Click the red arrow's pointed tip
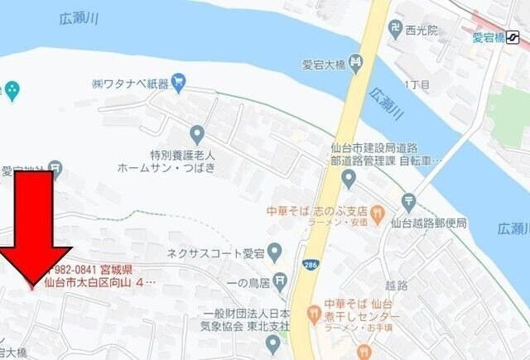[x=32, y=286]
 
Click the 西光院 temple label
[x=422, y=30]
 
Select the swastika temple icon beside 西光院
[x=395, y=30]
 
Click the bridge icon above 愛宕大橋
[x=356, y=62]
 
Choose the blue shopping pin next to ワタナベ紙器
[x=180, y=83]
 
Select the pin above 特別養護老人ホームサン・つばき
[x=197, y=133]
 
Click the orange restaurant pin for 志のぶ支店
[x=377, y=211]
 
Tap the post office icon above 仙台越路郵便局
[x=408, y=201]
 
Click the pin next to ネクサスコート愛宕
[x=276, y=250]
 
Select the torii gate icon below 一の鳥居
[x=282, y=284]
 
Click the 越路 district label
[x=397, y=285]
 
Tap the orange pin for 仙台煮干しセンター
[x=313, y=314]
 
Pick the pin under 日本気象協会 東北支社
[x=272, y=342]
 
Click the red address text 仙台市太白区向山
[x=91, y=283]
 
